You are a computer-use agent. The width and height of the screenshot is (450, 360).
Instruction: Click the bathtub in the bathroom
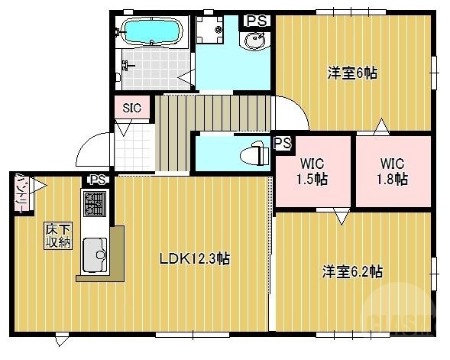tap(151, 33)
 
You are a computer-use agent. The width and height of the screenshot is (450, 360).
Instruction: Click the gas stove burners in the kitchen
tap(94, 204)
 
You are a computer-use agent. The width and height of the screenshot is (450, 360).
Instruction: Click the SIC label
tap(131, 108)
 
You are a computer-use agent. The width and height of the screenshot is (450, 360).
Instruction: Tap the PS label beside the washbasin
tap(257, 21)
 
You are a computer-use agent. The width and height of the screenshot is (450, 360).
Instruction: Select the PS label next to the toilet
tap(282, 143)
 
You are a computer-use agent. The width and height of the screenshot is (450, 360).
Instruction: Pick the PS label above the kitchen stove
tap(97, 180)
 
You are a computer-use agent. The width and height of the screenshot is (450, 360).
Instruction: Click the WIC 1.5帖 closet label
tap(312, 172)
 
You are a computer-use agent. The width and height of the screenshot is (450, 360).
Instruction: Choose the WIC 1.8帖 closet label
tap(392, 172)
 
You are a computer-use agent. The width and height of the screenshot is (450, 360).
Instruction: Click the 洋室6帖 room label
tap(352, 73)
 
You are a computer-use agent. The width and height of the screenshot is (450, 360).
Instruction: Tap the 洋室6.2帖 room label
tap(352, 271)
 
